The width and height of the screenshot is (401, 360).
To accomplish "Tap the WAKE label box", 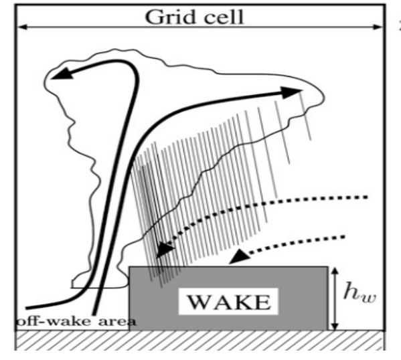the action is point(228,301).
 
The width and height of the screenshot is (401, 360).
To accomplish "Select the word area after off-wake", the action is point(117,322).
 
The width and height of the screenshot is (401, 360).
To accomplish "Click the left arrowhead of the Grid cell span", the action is point(21,27).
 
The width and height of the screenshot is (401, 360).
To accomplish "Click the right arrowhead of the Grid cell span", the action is point(378,27).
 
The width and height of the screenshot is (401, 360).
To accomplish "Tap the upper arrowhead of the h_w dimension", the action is point(335,270).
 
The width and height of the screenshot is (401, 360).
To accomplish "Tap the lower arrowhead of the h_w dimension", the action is point(335,327).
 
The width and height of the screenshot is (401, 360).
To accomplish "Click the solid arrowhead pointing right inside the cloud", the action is point(291,92).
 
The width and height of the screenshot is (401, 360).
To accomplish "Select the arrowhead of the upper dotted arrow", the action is point(165,250).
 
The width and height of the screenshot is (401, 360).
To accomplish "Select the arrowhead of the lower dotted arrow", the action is point(239,256).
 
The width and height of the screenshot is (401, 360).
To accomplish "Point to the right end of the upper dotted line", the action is point(368,197).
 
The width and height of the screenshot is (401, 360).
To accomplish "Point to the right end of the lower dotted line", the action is point(344,237).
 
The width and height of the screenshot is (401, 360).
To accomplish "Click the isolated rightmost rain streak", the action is point(305,116).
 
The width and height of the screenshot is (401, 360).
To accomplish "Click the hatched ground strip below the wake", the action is point(200,341).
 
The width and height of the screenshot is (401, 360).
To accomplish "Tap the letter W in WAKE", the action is point(198,302).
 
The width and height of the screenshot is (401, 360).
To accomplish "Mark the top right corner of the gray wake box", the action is point(328,267).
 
